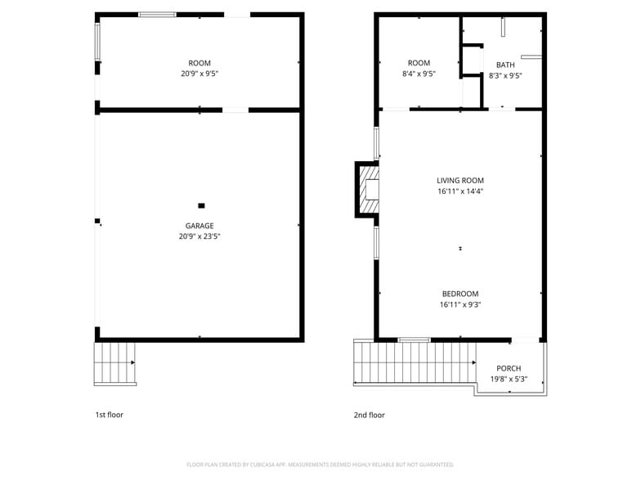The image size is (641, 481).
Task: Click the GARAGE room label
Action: [x=199, y=226]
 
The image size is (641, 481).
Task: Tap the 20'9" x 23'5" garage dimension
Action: [x=199, y=236]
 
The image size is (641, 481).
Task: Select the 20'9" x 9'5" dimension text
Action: [x=199, y=74]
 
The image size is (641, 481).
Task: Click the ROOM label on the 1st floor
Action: [x=199, y=63]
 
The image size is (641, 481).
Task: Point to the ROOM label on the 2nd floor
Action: [x=419, y=63]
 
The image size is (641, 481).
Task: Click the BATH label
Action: [x=505, y=65]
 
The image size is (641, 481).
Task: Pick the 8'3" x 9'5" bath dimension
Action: [x=505, y=75]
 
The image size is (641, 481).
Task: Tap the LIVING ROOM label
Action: [x=460, y=181]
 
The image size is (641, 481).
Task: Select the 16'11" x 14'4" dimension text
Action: [x=460, y=191]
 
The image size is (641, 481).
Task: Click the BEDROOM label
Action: [x=460, y=294]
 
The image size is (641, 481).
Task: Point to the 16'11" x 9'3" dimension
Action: [x=460, y=304]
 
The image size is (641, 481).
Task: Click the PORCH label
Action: [x=508, y=368]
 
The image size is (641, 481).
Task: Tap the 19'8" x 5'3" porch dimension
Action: [x=508, y=379]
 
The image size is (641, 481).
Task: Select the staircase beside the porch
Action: [x=414, y=363]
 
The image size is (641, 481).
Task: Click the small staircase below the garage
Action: [x=114, y=363]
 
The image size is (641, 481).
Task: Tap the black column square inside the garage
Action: [x=201, y=205]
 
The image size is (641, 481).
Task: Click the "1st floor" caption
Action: [x=110, y=415]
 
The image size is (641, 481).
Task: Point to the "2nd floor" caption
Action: [x=369, y=415]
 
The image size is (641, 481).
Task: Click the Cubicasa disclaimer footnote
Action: [x=320, y=464]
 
